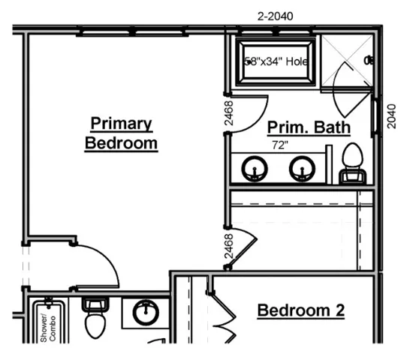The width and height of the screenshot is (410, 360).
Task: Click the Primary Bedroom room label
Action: pos(121,133)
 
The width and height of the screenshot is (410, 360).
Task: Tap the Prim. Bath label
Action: pos(309,127)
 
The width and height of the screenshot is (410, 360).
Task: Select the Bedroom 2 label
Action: pos(300,310)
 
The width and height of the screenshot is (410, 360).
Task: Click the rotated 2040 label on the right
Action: pos(391,115)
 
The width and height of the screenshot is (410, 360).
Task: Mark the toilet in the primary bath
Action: pos(351,163)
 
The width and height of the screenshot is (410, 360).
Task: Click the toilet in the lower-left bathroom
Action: pos(95,319)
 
